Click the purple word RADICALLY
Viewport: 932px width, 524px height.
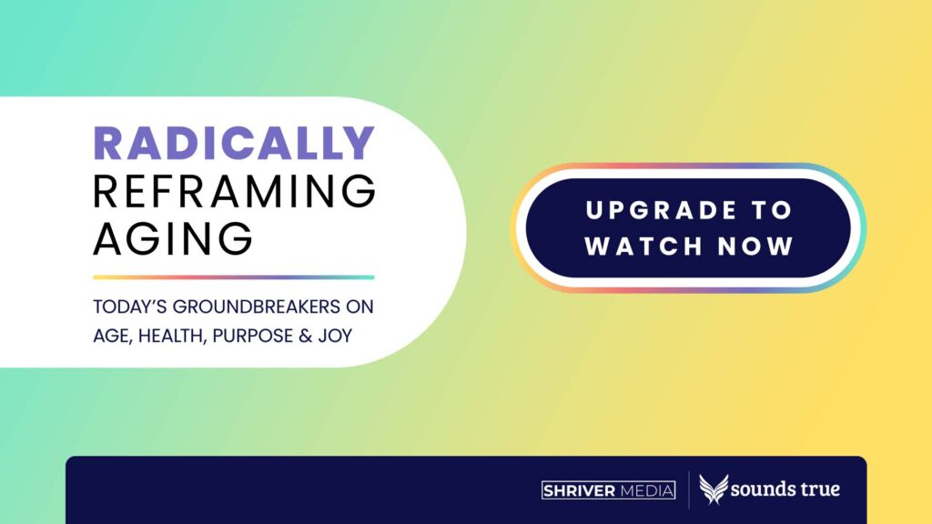[x=234, y=143]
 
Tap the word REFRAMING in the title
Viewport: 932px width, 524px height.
[x=234, y=191]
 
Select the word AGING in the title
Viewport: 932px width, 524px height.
[x=173, y=238]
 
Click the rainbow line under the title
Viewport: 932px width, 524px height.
[x=234, y=277]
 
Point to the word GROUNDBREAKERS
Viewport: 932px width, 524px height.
[x=256, y=307]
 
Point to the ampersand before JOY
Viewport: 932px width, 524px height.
[x=306, y=336]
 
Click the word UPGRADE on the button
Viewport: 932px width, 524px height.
[x=662, y=210]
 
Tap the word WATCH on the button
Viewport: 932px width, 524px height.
[x=644, y=246]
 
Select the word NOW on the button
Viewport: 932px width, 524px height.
[x=755, y=246]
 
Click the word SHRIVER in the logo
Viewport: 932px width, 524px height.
[x=579, y=490]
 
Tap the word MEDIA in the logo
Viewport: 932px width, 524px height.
[x=647, y=490]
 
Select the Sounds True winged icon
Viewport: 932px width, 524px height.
[x=714, y=489]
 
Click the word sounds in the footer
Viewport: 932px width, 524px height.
[x=762, y=489]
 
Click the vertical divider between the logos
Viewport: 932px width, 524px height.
[x=688, y=490]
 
